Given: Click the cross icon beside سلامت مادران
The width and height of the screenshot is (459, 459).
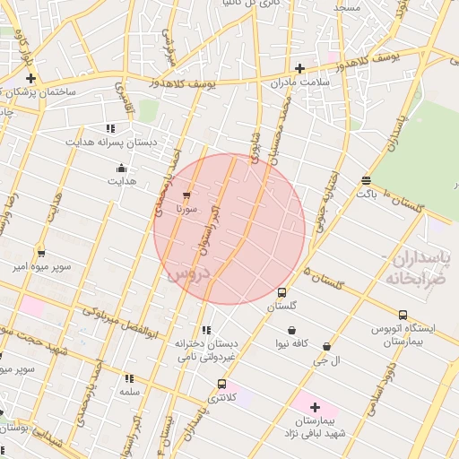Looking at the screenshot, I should click(299, 69).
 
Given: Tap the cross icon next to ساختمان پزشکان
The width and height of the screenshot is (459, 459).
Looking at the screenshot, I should click(30, 79).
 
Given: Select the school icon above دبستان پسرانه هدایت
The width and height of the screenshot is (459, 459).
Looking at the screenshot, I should click(110, 128).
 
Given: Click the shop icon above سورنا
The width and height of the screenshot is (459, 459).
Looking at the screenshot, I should click(186, 195).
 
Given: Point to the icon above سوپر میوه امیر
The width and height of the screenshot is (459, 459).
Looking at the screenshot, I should click(40, 254).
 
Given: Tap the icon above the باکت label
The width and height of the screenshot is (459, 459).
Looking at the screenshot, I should click(366, 180).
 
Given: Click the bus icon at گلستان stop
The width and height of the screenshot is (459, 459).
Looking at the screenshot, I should click(281, 292).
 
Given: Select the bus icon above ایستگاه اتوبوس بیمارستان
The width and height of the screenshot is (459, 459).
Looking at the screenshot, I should click(403, 316).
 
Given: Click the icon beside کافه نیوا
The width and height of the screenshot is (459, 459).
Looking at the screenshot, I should click(292, 330).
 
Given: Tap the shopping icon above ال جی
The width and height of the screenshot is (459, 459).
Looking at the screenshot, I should click(326, 346).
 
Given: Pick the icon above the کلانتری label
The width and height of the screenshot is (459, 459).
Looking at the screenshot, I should click(221, 384).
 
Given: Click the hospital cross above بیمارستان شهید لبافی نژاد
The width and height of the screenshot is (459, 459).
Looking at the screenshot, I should click(315, 408).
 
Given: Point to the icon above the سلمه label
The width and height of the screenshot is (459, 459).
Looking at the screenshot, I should click(129, 378).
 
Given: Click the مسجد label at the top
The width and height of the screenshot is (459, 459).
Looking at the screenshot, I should click(346, 7).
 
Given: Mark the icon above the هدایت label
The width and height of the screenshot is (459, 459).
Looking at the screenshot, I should click(122, 168).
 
